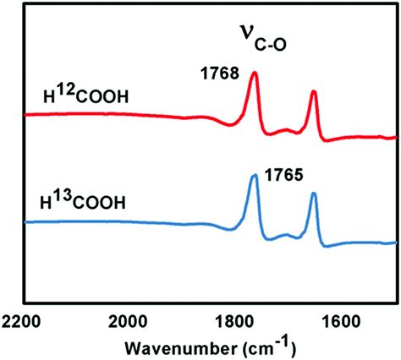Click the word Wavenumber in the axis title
[x=178, y=346]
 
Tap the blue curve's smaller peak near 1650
[x=314, y=194]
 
